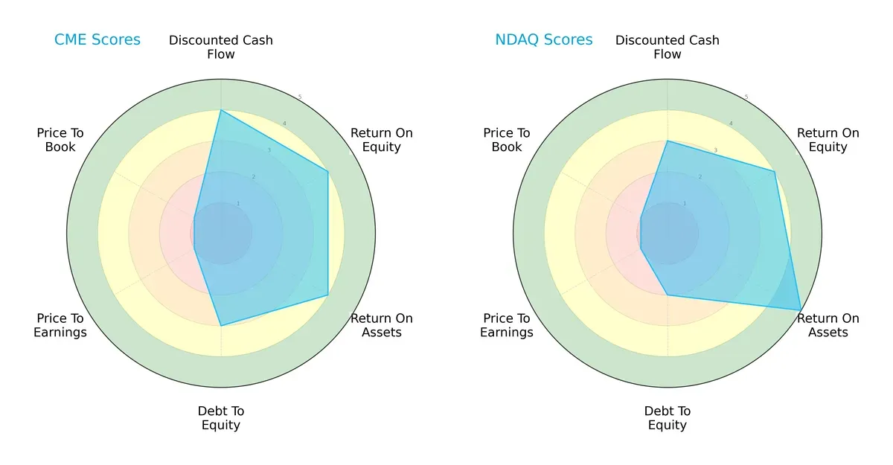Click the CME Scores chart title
click(97, 40)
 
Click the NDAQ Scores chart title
click(544, 40)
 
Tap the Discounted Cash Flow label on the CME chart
click(221, 47)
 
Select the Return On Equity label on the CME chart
click(382, 140)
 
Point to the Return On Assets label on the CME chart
click(382, 325)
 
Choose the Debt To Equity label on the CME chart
click(221, 418)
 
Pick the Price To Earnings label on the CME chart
click(60, 325)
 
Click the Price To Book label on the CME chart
click(60, 140)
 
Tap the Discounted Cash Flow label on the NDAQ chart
click(668, 47)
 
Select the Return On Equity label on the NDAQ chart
click(828, 140)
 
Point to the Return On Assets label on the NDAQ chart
click(828, 325)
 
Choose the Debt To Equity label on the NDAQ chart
click(668, 418)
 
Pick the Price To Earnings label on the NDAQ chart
click(507, 325)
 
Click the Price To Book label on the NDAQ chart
click(507, 140)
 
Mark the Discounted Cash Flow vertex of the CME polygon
click(221, 110)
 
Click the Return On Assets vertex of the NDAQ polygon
click(801, 310)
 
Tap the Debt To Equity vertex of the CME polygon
click(221, 325)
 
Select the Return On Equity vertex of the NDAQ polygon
click(775, 172)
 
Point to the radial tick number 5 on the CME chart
click(300, 97)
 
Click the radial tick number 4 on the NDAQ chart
click(731, 124)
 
